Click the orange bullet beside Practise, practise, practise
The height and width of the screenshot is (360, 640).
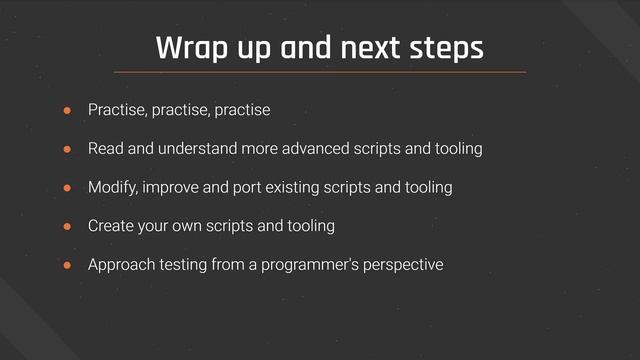[x=69, y=110]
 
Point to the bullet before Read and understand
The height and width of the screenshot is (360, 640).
[x=69, y=149]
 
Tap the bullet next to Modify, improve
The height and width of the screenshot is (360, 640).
[x=69, y=188]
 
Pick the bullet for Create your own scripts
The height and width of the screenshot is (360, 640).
[x=69, y=227]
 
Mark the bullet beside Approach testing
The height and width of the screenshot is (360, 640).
[x=69, y=266]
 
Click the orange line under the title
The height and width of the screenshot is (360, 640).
[x=320, y=72]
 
